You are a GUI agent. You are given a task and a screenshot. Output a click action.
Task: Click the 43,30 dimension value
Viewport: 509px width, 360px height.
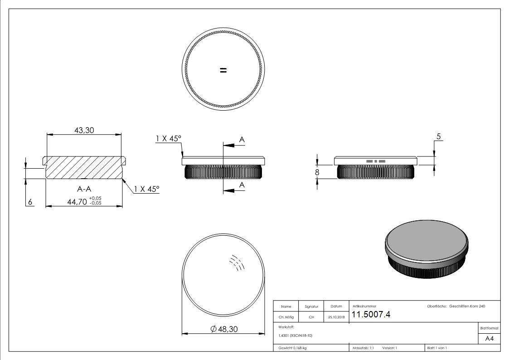click(84, 130)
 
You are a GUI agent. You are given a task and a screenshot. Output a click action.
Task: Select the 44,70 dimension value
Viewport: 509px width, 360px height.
click(77, 202)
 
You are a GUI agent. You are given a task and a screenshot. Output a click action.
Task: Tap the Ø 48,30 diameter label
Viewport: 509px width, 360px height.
click(224, 329)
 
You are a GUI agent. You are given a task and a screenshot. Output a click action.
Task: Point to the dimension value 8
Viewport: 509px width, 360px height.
click(317, 172)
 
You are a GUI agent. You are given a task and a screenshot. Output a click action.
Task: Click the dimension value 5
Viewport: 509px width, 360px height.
click(439, 136)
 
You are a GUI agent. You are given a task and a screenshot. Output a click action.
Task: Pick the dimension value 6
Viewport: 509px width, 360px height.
click(30, 202)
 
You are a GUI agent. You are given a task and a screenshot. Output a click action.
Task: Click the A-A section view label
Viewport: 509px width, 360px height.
click(84, 189)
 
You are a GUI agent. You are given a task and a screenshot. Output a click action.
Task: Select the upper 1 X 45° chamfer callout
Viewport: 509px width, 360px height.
click(169, 139)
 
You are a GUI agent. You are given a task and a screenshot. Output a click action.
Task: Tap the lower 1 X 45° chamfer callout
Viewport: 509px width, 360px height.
click(147, 189)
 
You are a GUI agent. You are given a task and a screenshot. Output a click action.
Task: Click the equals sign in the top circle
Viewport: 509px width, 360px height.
click(223, 70)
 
